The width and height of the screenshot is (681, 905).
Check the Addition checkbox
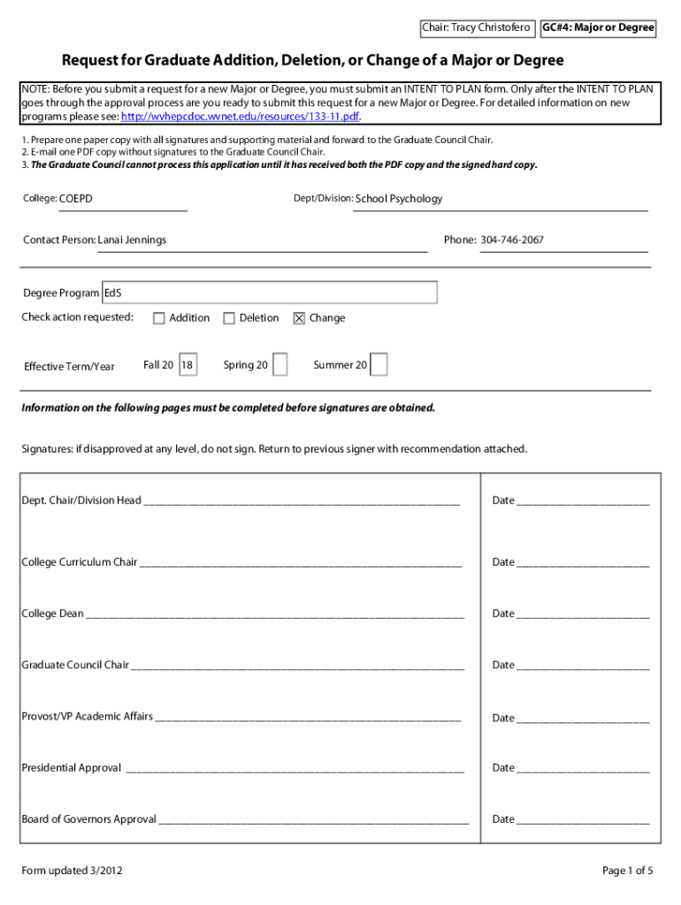pyautogui.click(x=159, y=318)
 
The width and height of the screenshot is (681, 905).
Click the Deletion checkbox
pyautogui.click(x=229, y=318)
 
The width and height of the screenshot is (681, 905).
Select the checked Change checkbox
pyautogui.click(x=299, y=318)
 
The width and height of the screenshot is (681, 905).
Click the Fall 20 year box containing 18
pyautogui.click(x=187, y=365)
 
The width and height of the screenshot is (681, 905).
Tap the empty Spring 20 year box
pyautogui.click(x=279, y=365)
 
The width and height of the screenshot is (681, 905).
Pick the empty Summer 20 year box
pyautogui.click(x=379, y=365)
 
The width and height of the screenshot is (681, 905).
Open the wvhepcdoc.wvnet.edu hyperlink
pyautogui.click(x=241, y=117)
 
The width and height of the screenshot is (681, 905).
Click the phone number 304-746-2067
pyautogui.click(x=512, y=240)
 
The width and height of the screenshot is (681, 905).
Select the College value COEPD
pyautogui.click(x=76, y=199)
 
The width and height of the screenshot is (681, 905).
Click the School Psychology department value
pyautogui.click(x=398, y=199)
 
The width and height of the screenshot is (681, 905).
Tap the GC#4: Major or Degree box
pyautogui.click(x=598, y=28)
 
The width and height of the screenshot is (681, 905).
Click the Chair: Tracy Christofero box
pyautogui.click(x=476, y=28)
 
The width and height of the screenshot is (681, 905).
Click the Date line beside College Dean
pyautogui.click(x=583, y=614)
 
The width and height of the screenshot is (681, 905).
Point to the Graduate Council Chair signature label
pyautogui.click(x=75, y=665)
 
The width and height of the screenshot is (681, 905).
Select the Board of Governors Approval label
pyautogui.click(x=88, y=819)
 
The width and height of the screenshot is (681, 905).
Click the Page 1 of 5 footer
pyautogui.click(x=627, y=871)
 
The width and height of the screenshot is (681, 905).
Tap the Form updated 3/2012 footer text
pyautogui.click(x=72, y=871)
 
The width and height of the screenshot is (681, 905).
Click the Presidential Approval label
pyautogui.click(x=71, y=768)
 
